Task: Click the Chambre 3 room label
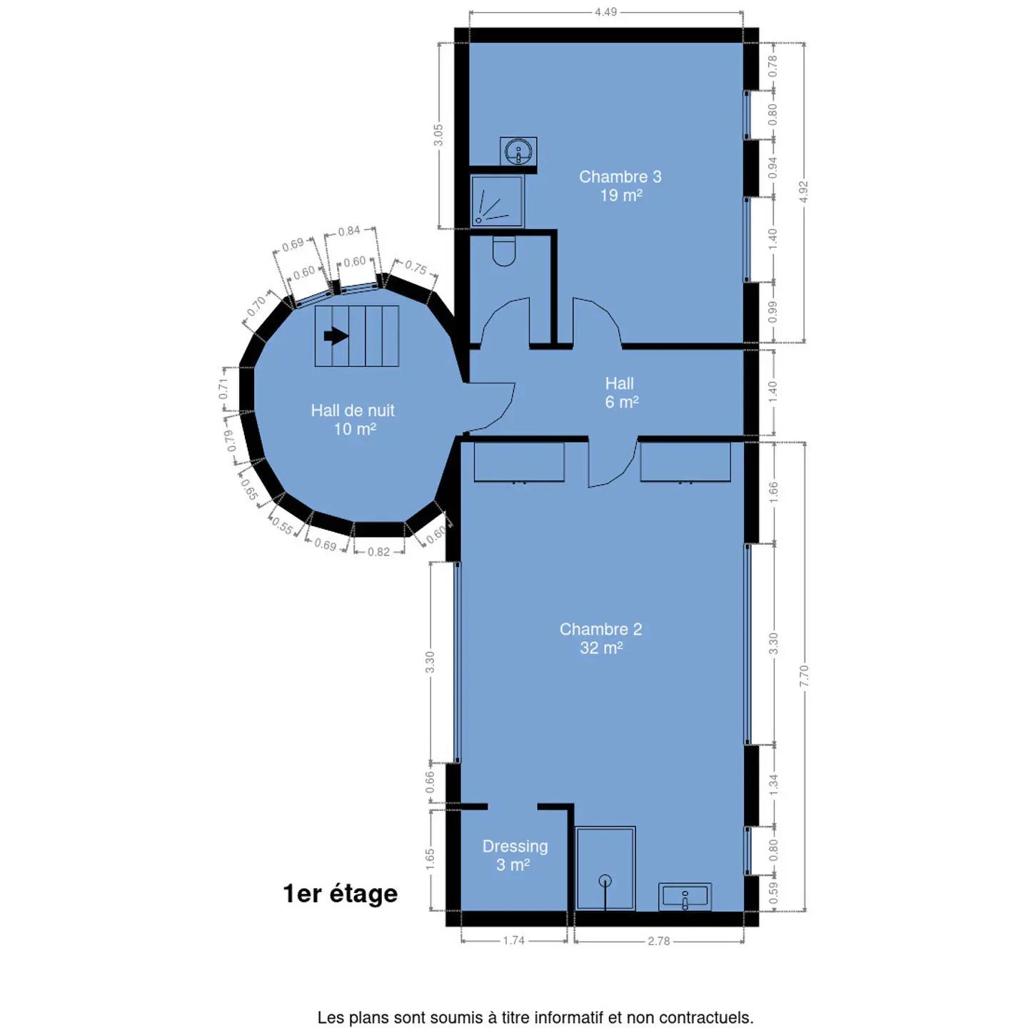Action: (620, 186)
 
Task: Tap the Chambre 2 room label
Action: (600, 638)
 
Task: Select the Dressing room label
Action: (515, 855)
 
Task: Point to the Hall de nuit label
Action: (353, 419)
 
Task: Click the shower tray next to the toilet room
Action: (497, 201)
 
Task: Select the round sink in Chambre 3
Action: (518, 151)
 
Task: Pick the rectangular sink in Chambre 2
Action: (685, 897)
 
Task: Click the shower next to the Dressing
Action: (605, 868)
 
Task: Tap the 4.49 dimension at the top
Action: (605, 11)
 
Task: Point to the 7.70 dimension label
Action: (804, 676)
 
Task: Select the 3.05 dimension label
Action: (438, 135)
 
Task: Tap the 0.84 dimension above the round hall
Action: (349, 231)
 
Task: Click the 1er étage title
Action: (341, 894)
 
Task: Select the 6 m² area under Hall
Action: (622, 402)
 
